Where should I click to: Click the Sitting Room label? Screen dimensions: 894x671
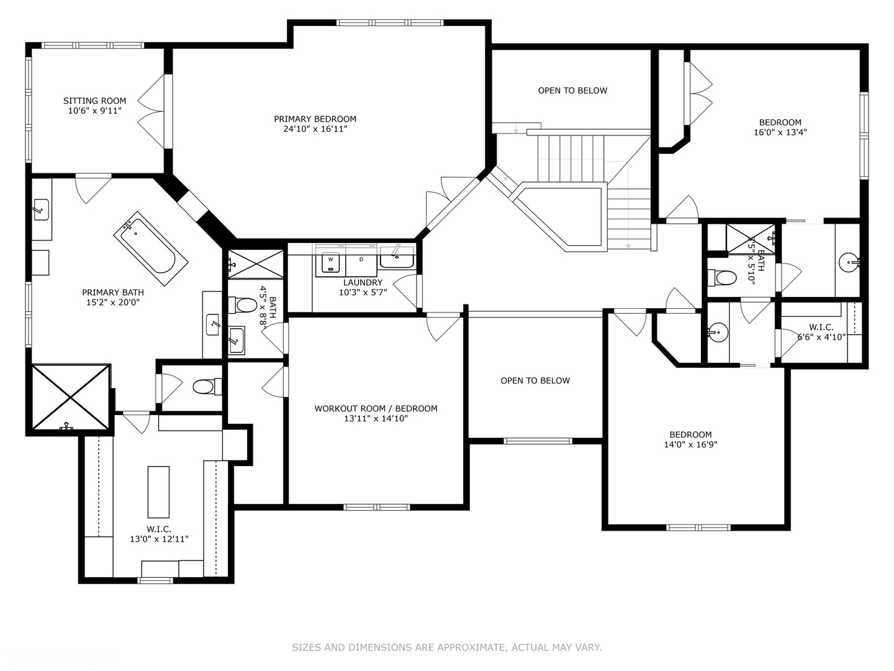pos(94,106)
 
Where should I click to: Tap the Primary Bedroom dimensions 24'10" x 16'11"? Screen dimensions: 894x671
pos(315,129)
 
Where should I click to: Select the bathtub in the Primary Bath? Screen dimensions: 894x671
pos(151,249)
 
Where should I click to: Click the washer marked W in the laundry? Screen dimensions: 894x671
pos(330,263)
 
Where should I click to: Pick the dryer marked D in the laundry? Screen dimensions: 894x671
pos(361,263)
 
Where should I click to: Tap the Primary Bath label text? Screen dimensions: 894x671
pos(113,293)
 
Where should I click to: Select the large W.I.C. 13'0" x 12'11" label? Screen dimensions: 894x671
pos(160,534)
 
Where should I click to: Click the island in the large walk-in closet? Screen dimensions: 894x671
pos(158,492)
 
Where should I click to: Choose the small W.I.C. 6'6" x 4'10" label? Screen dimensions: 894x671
pos(821,332)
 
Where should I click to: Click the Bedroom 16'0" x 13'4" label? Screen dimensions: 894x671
pos(780,127)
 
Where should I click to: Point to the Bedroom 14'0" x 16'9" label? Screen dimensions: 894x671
pos(691,440)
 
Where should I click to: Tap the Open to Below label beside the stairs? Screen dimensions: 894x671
pos(572,91)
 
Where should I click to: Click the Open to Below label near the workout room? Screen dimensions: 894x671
pos(535,380)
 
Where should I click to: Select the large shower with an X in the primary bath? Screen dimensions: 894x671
pos(71,397)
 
